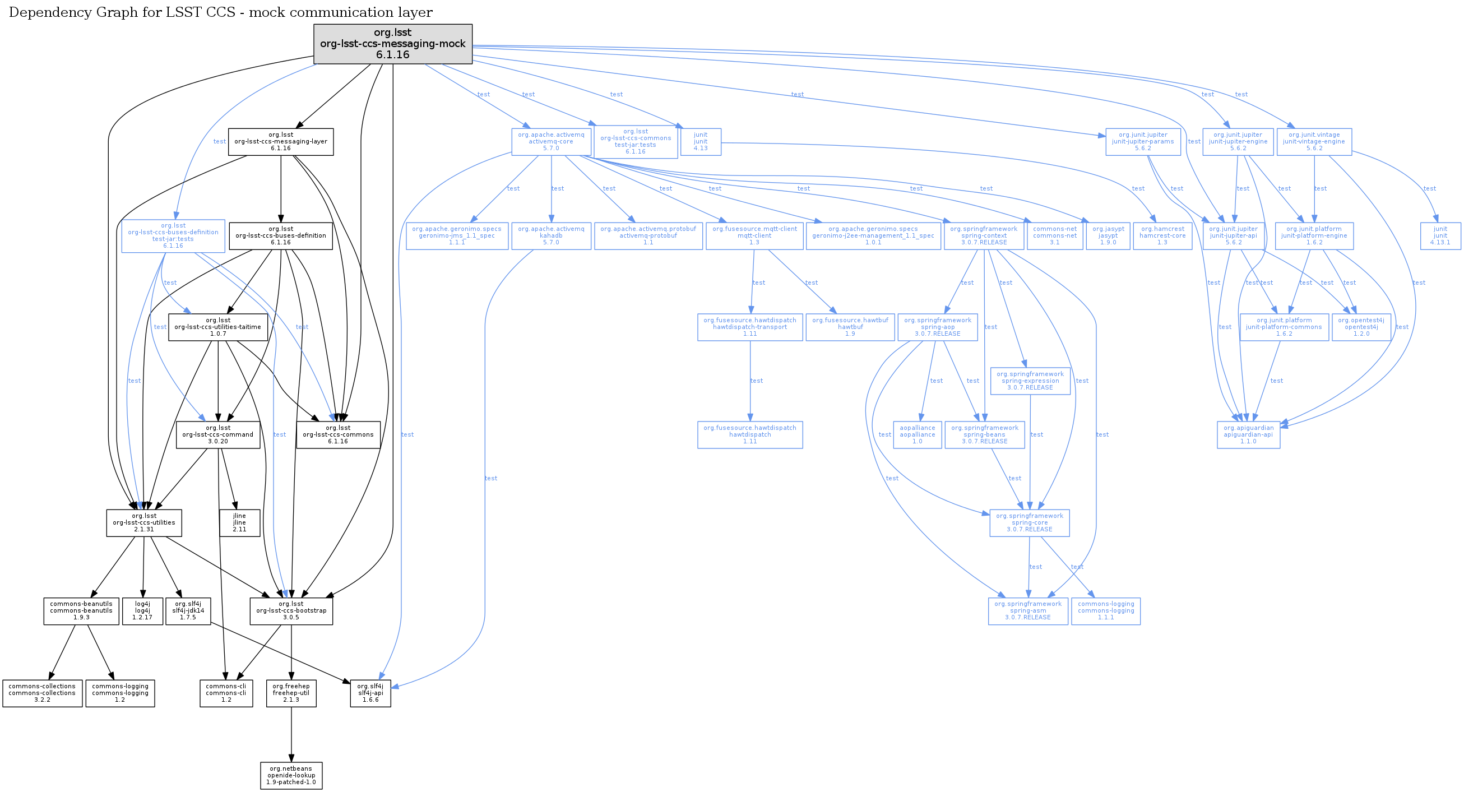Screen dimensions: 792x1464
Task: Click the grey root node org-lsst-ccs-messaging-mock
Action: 393,44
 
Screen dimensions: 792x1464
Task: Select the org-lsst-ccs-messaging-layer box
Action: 281,142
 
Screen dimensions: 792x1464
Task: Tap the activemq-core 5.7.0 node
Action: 551,142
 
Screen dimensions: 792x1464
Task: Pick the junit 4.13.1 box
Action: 1440,236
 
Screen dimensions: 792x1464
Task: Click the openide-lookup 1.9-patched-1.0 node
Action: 291,776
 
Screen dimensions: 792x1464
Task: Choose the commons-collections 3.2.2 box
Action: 42,693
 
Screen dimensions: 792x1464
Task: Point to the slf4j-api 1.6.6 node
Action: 370,693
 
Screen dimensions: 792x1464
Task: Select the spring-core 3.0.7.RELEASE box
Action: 1029,523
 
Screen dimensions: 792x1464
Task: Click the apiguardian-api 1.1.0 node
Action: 1248,434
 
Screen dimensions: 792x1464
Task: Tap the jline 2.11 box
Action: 239,523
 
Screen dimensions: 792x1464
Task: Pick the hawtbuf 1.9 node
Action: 850,327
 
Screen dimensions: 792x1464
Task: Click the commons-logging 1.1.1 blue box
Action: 1105,611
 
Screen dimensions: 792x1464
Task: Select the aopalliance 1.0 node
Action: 917,434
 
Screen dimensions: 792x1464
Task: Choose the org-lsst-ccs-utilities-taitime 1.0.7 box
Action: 218,327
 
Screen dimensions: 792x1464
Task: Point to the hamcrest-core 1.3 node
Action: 1162,236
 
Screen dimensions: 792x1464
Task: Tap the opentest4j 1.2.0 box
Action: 1361,327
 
